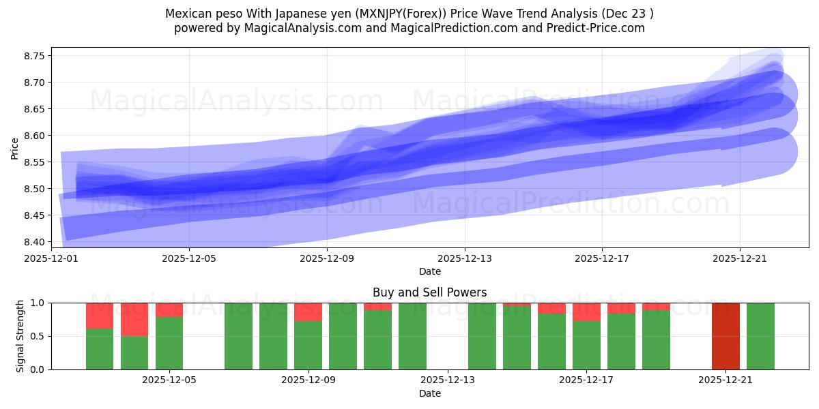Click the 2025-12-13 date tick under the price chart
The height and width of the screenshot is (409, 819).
pyautogui.click(x=464, y=258)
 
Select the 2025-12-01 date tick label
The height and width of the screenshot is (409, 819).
pyautogui.click(x=51, y=258)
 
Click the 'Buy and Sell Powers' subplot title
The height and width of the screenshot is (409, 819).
pyautogui.click(x=429, y=292)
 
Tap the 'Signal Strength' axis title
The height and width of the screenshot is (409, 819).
pyautogui.click(x=20, y=336)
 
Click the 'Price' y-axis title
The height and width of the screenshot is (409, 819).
pyautogui.click(x=15, y=149)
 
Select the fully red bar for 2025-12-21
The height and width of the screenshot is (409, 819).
pyautogui.click(x=725, y=336)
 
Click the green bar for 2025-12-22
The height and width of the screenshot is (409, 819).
pyautogui.click(x=760, y=336)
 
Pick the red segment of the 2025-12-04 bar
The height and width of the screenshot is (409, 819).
pyautogui.click(x=134, y=319)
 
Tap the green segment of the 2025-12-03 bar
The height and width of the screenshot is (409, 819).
pyautogui.click(x=100, y=349)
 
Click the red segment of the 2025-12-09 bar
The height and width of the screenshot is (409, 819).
pyautogui.click(x=308, y=312)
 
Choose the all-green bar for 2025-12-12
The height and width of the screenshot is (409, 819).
pyautogui.click(x=412, y=336)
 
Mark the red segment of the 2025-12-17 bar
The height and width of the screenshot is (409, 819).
pyautogui.click(x=586, y=312)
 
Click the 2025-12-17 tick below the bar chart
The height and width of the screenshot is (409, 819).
pyautogui.click(x=586, y=380)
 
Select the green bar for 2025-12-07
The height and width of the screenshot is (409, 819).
pyautogui.click(x=238, y=336)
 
